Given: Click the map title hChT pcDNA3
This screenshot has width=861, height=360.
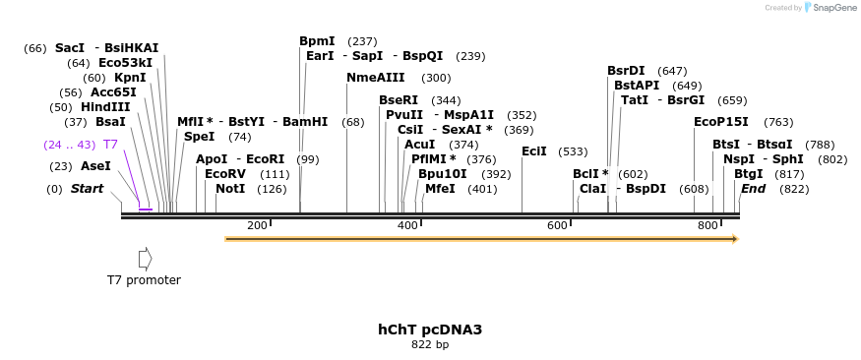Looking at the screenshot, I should click(430, 330).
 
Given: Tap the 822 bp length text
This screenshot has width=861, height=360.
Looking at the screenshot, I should click(430, 345).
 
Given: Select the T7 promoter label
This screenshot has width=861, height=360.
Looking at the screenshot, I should click(144, 280).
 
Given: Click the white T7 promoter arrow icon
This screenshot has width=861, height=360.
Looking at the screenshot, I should click(145, 259).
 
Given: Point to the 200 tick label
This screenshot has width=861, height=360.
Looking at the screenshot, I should click(257, 226).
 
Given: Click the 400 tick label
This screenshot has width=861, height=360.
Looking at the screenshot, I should click(407, 226).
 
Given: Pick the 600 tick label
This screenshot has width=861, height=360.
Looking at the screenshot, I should click(557, 226).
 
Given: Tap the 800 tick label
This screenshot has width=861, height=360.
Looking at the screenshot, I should click(707, 226).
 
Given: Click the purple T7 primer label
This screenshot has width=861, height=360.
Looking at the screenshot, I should click(110, 145).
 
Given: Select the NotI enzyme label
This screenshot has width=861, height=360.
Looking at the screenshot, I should click(230, 189).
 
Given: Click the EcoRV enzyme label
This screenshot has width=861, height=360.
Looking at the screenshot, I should click(225, 174).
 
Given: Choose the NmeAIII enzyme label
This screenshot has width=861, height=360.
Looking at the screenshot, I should click(376, 78).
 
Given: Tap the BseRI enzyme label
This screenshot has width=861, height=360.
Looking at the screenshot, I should click(399, 100).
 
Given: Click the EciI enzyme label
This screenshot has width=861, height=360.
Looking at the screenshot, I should click(534, 151).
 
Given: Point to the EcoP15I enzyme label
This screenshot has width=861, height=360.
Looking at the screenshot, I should click(721, 122).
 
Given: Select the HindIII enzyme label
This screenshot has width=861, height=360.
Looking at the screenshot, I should click(105, 107).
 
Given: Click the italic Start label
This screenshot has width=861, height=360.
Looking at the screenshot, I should click(87, 189).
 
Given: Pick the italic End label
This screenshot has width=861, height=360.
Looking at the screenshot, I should click(753, 189).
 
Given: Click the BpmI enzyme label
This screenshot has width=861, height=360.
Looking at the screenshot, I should click(317, 41).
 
